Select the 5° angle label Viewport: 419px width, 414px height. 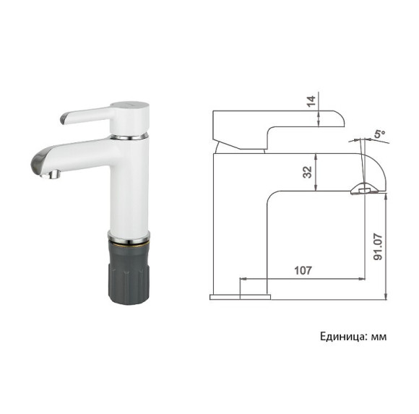[x=379, y=135]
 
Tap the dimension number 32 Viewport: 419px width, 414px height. [x=307, y=172]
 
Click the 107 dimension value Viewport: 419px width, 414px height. [x=303, y=270]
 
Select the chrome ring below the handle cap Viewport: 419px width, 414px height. [x=131, y=135]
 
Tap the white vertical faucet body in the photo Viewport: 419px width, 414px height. [x=130, y=188]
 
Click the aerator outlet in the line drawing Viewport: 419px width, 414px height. [x=363, y=190]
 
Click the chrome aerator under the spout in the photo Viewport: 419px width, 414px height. [x=53, y=173]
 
